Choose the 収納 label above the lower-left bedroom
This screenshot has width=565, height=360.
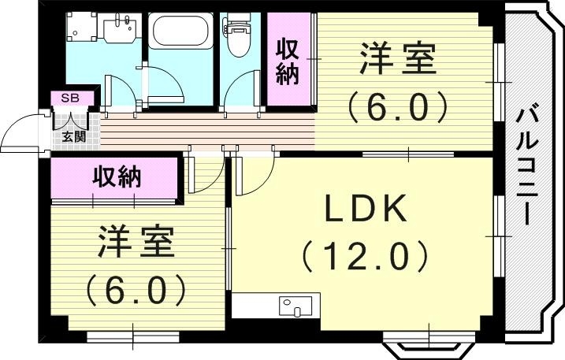coord(115,177)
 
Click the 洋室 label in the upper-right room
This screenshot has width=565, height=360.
coord(398,61)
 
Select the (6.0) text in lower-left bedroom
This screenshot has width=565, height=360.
coord(136,289)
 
